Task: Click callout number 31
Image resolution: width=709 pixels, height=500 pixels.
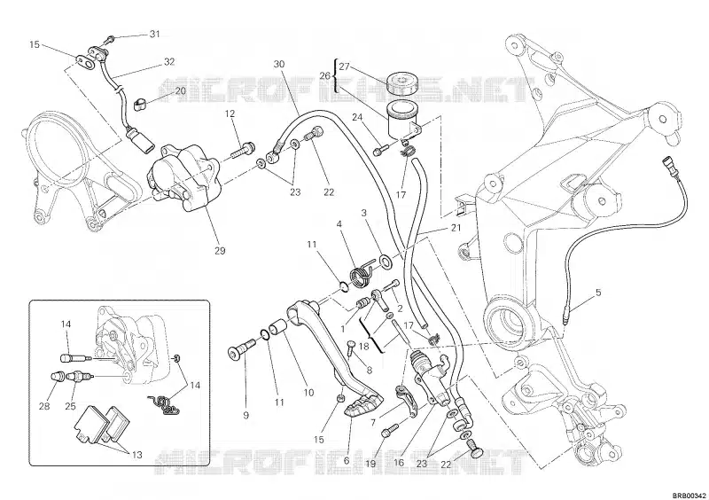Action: pos(154,35)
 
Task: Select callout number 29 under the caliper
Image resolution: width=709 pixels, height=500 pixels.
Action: pos(219,251)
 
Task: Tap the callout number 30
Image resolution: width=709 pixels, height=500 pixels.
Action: pos(279,64)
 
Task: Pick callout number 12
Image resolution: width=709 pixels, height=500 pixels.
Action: pos(229,113)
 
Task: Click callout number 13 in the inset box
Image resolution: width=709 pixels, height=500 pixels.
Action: pos(136,456)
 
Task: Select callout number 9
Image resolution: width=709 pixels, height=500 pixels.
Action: pos(245,414)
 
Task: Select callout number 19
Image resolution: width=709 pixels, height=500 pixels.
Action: pos(371,463)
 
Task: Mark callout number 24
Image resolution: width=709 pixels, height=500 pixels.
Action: pos(357,117)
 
